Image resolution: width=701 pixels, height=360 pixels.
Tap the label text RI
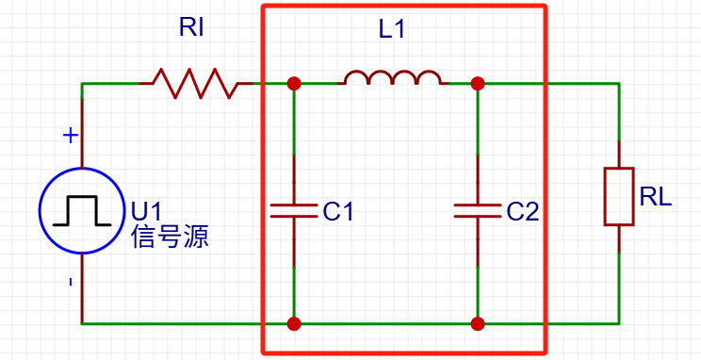coord(191,28)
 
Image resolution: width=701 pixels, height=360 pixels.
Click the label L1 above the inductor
coord(391,29)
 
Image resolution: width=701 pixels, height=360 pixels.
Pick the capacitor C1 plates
coord(294,209)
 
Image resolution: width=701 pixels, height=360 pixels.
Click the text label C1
coord(338,212)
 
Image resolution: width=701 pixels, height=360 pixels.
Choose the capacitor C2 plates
coord(478,209)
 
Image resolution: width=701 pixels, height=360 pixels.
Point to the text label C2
coord(522,212)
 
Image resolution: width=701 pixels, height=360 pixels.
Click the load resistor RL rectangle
coord(618,196)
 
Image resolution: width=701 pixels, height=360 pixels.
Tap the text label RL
coord(656,197)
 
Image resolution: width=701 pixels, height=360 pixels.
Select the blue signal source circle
coord(82,209)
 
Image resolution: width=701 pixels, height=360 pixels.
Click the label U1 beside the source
coord(147,210)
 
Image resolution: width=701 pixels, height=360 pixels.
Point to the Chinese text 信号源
coord(171,237)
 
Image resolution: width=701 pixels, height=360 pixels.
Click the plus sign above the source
coord(70,136)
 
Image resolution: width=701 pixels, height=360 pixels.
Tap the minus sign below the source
coord(70,282)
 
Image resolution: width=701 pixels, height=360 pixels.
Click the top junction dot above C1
coord(294,83)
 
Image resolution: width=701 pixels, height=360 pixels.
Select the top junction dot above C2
coord(478,83)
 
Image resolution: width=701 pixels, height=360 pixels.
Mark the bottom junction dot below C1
coord(294,323)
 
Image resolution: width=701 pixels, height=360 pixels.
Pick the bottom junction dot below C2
coord(478,323)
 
